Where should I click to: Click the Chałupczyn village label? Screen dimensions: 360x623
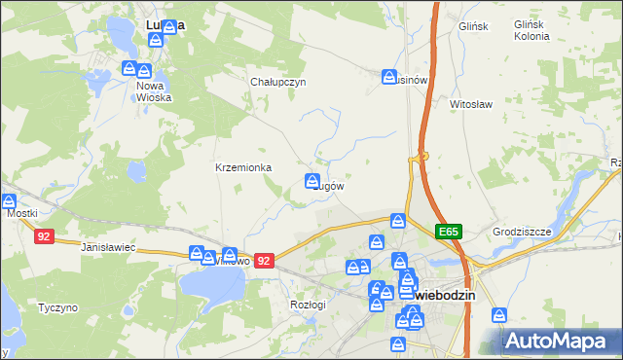[278, 82]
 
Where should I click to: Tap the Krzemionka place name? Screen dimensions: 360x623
[243, 167]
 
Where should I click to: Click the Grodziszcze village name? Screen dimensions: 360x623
[522, 232]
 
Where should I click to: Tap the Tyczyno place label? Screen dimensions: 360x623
[57, 307]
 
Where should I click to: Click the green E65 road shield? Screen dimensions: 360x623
[449, 232]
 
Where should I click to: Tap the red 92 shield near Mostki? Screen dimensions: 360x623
[42, 235]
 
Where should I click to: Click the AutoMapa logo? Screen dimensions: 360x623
[561, 342]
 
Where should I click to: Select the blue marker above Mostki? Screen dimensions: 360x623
[9, 201]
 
